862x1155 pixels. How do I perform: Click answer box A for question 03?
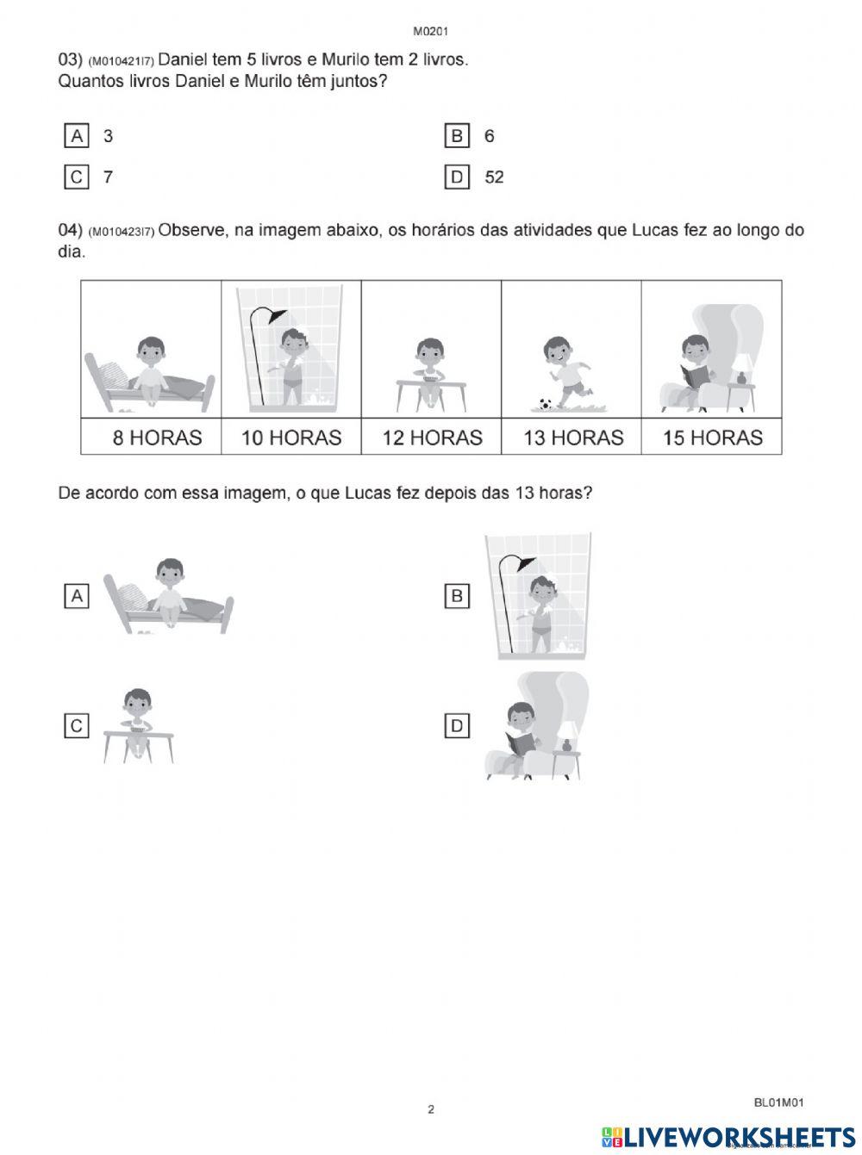77,136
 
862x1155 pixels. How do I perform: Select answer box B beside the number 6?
456,136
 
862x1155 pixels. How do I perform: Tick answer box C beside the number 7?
77,177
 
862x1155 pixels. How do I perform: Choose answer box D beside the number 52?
456,177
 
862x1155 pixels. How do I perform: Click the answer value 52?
494,177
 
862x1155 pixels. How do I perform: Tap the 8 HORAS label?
157,438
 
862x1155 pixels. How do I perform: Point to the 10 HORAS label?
291,438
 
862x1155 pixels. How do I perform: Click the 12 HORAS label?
432,438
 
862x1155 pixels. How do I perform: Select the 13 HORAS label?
573,438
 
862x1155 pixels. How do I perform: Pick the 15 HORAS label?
713,438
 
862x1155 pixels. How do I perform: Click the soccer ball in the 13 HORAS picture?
545,402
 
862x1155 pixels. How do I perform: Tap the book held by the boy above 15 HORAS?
694,376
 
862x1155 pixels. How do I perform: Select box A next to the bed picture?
77,595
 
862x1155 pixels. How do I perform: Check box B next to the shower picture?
457,595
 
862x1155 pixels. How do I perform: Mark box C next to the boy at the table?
77,726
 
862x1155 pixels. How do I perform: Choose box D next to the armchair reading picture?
457,726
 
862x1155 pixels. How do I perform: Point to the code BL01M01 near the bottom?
779,1102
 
